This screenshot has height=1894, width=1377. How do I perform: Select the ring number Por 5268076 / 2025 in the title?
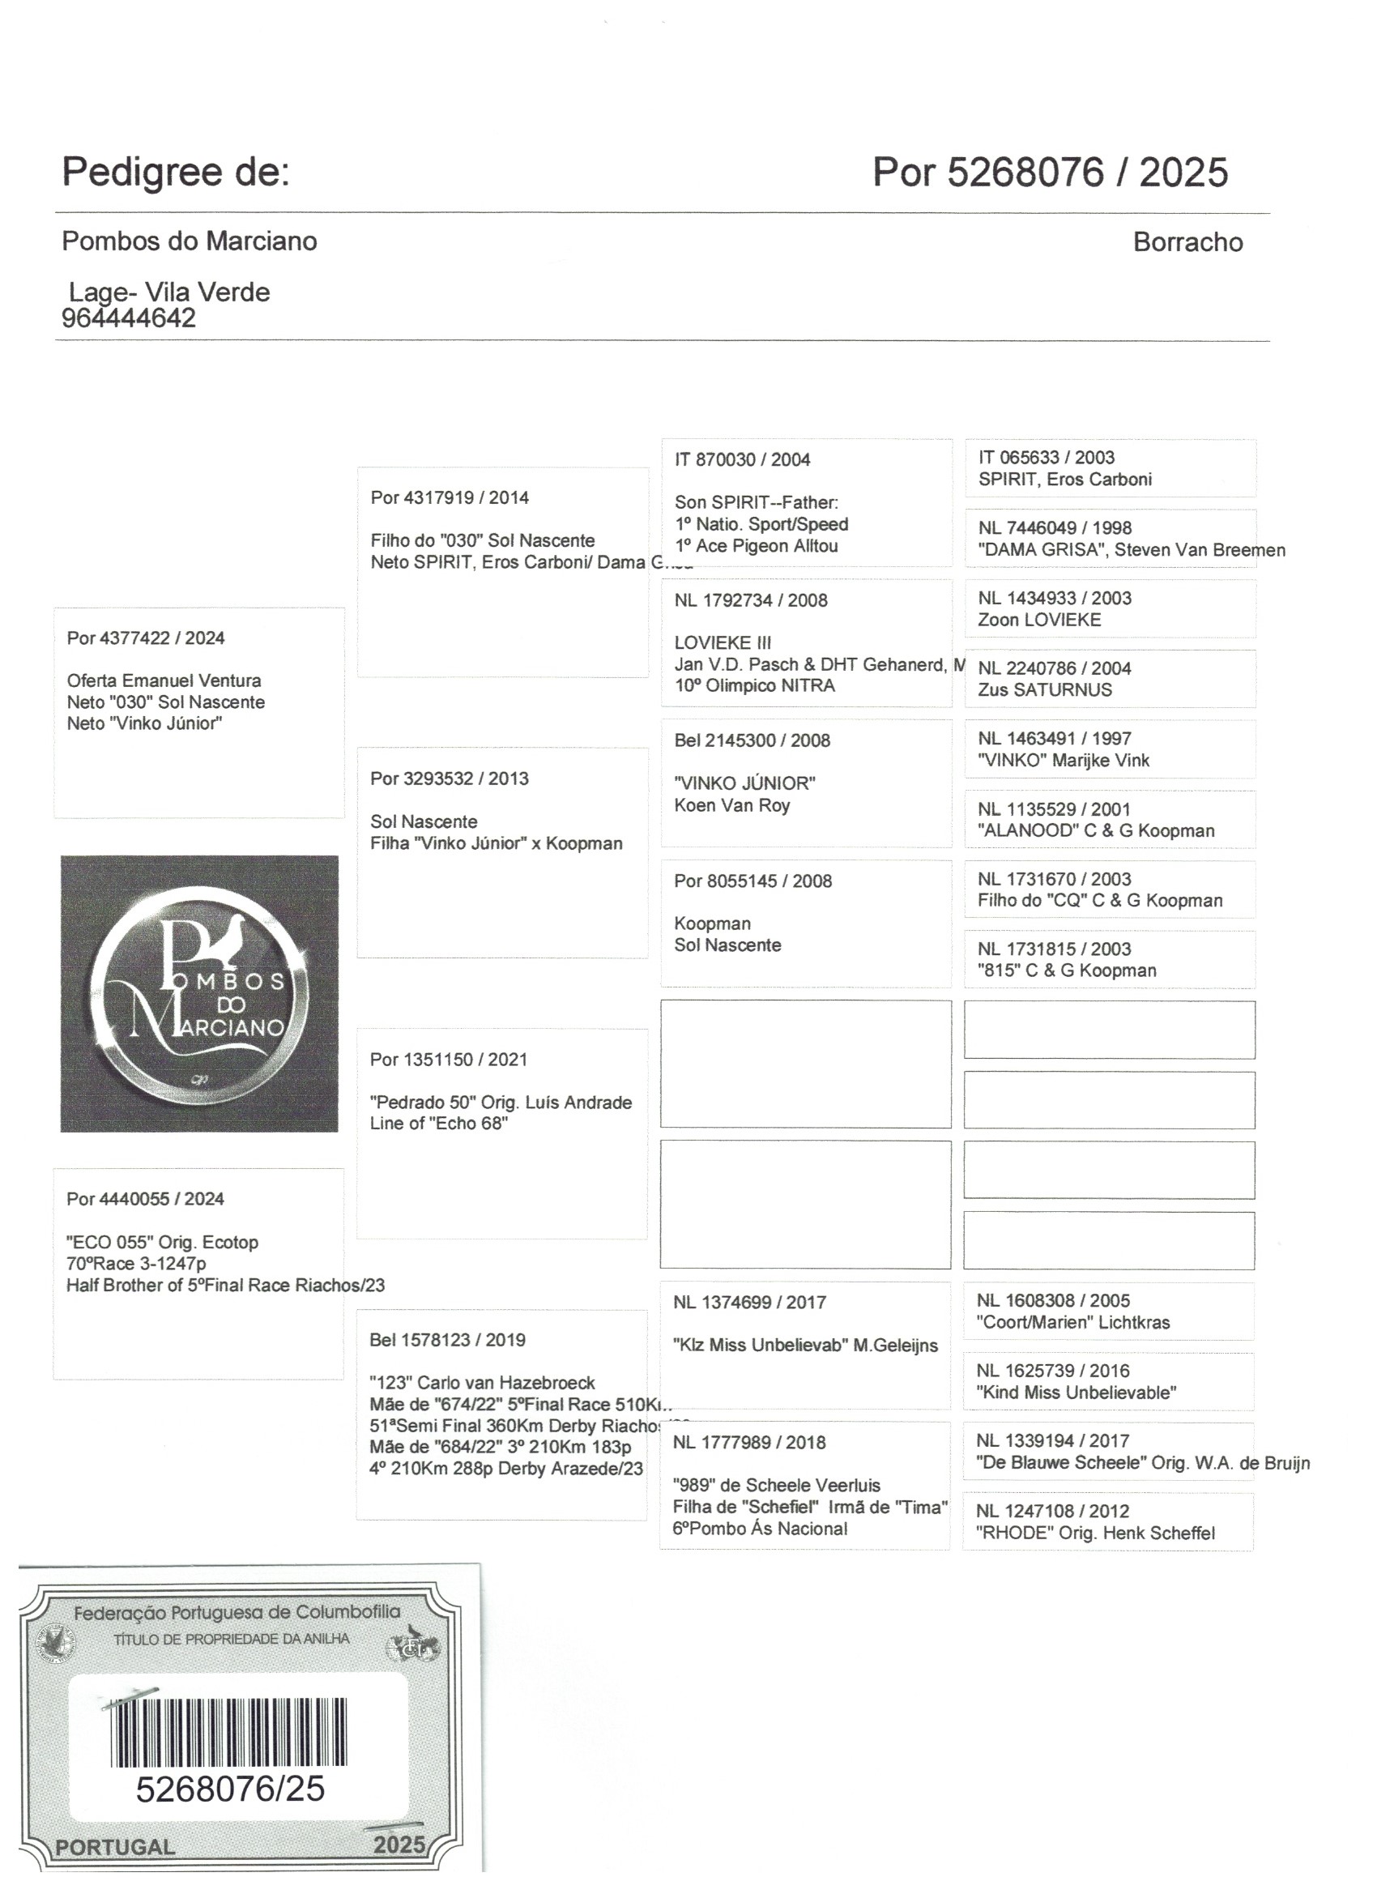point(1050,173)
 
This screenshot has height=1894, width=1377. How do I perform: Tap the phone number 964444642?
point(129,318)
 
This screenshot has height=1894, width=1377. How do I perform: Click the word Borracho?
point(1187,242)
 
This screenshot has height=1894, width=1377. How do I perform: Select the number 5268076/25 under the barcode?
point(230,1789)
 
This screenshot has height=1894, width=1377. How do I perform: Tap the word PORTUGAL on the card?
point(115,1846)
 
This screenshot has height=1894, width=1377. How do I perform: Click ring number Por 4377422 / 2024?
point(145,638)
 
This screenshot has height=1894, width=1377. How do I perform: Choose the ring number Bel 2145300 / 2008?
point(752,740)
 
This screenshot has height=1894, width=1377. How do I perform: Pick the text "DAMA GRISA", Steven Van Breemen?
point(1132,550)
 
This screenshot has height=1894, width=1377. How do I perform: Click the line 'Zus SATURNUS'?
point(1045,689)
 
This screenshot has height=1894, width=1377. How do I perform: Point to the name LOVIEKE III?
point(723,643)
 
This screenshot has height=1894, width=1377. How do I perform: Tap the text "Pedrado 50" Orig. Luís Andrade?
point(501,1103)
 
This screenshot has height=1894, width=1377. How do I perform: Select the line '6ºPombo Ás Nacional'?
point(759,1528)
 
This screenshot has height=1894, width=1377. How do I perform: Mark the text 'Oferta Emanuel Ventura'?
point(164,680)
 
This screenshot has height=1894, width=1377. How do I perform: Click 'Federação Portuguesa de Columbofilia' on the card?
point(237,1613)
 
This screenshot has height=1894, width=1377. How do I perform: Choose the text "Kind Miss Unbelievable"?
point(1076,1392)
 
